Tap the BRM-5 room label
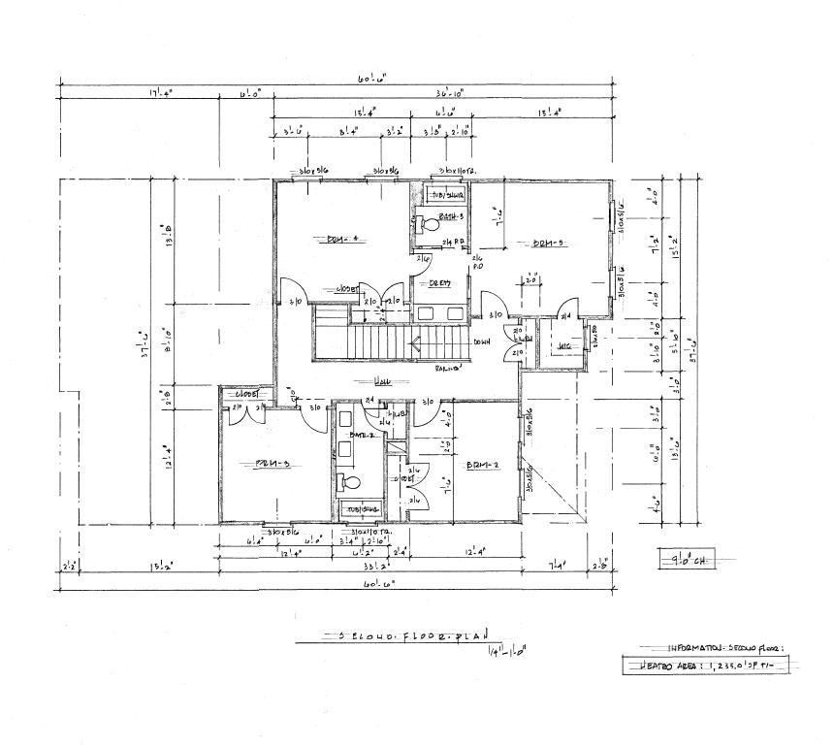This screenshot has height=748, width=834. coord(547,244)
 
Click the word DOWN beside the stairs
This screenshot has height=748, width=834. coord(482,341)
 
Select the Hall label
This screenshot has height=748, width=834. coord(384,381)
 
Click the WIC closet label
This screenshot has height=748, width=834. coord(562,346)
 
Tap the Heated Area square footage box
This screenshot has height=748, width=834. coord(705,666)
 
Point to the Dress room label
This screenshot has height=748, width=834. coord(428,283)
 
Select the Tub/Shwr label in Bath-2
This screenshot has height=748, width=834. coord(356,508)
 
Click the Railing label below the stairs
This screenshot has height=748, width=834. coord(446,368)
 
